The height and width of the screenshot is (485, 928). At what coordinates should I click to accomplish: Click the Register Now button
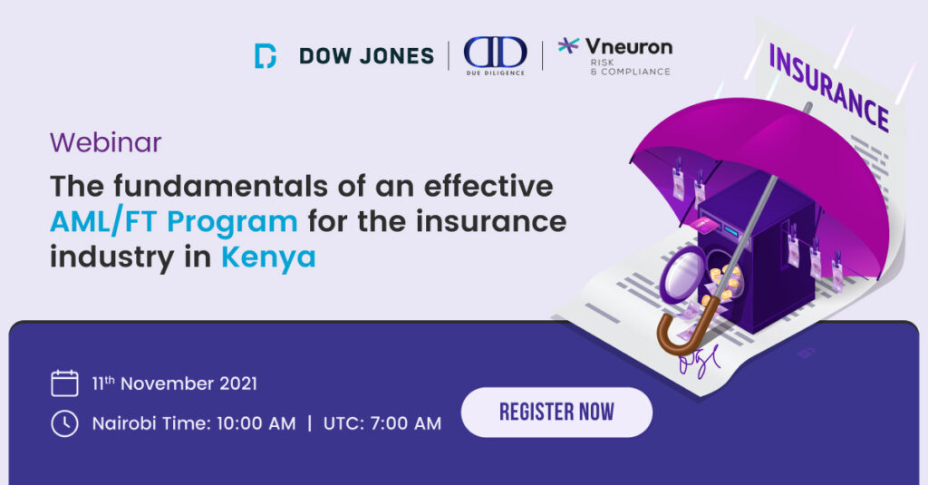[x=556, y=412]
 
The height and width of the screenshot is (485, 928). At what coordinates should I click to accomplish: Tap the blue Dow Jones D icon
[x=266, y=55]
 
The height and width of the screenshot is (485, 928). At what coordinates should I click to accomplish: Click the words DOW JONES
[x=366, y=56]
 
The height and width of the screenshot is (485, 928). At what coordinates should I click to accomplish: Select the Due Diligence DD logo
[x=496, y=55]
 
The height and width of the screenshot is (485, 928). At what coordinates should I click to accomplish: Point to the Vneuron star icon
[x=568, y=45]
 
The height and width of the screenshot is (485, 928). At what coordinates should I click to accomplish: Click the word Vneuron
[x=629, y=46]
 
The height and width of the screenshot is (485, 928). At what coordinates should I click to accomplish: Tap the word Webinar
[x=105, y=142]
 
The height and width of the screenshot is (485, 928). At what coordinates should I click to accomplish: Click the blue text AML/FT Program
[x=174, y=222]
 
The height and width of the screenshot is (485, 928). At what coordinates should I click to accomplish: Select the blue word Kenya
[x=268, y=257]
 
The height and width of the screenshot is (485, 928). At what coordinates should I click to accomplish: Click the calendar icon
[x=64, y=383]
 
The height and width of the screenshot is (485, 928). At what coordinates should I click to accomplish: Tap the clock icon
[x=64, y=423]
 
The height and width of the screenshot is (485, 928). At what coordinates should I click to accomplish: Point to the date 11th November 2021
[x=175, y=383]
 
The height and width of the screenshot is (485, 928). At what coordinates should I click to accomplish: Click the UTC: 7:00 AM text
[x=382, y=423]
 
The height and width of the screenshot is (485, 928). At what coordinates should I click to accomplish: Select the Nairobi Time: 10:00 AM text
[x=194, y=423]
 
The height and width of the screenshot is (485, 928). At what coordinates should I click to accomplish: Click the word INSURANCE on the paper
[x=828, y=88]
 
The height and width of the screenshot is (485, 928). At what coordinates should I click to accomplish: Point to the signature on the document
[x=699, y=361]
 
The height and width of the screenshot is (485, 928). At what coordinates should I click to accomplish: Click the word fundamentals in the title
[x=221, y=186]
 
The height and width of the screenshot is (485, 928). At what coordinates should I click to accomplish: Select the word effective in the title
[x=488, y=186]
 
